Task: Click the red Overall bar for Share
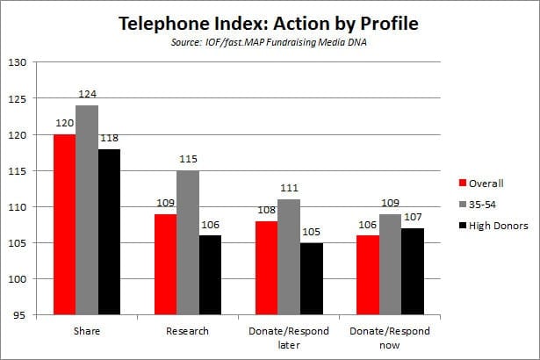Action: pyautogui.click(x=64, y=225)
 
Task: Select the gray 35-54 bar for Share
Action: pyautogui.click(x=87, y=210)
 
